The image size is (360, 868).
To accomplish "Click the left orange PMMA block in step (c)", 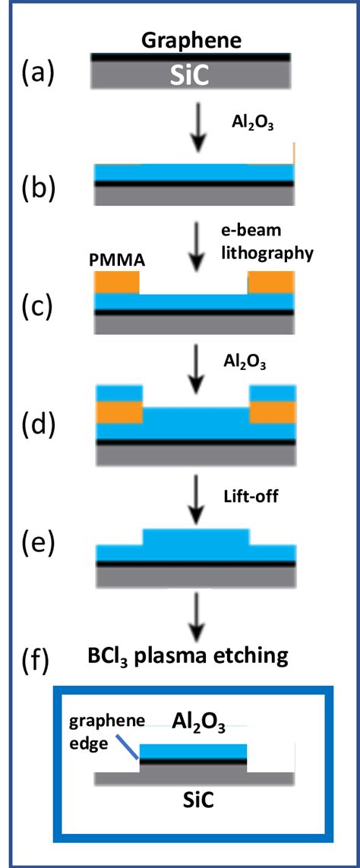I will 117,282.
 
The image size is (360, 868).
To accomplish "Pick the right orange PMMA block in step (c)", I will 271,282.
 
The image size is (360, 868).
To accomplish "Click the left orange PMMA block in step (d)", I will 118,412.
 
